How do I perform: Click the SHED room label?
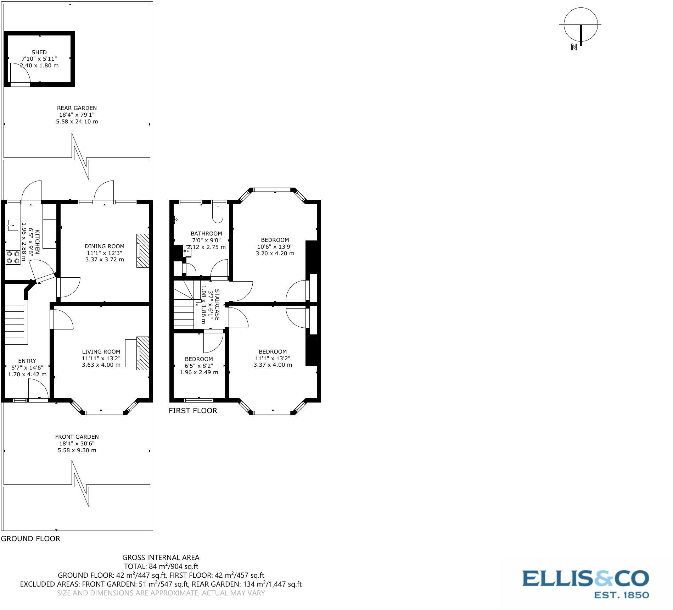point(39,52)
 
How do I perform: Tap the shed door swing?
point(19,74)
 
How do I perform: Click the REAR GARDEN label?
point(77,108)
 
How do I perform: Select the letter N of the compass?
point(574,47)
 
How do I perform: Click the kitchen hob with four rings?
point(13,257)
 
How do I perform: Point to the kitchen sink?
point(13,225)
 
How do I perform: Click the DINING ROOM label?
point(105,246)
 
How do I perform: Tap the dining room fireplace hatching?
point(143,250)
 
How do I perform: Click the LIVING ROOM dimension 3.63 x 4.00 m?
point(101,365)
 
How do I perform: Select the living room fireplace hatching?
point(143,354)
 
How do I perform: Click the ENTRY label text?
point(27,361)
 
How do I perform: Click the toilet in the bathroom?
point(217,214)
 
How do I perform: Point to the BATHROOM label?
point(206,233)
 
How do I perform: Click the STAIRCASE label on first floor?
point(217,305)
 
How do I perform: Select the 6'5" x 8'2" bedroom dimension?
point(199,366)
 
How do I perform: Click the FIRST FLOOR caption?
point(193,411)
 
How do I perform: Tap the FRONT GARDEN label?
point(77,437)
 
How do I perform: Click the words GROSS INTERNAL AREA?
point(161,558)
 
